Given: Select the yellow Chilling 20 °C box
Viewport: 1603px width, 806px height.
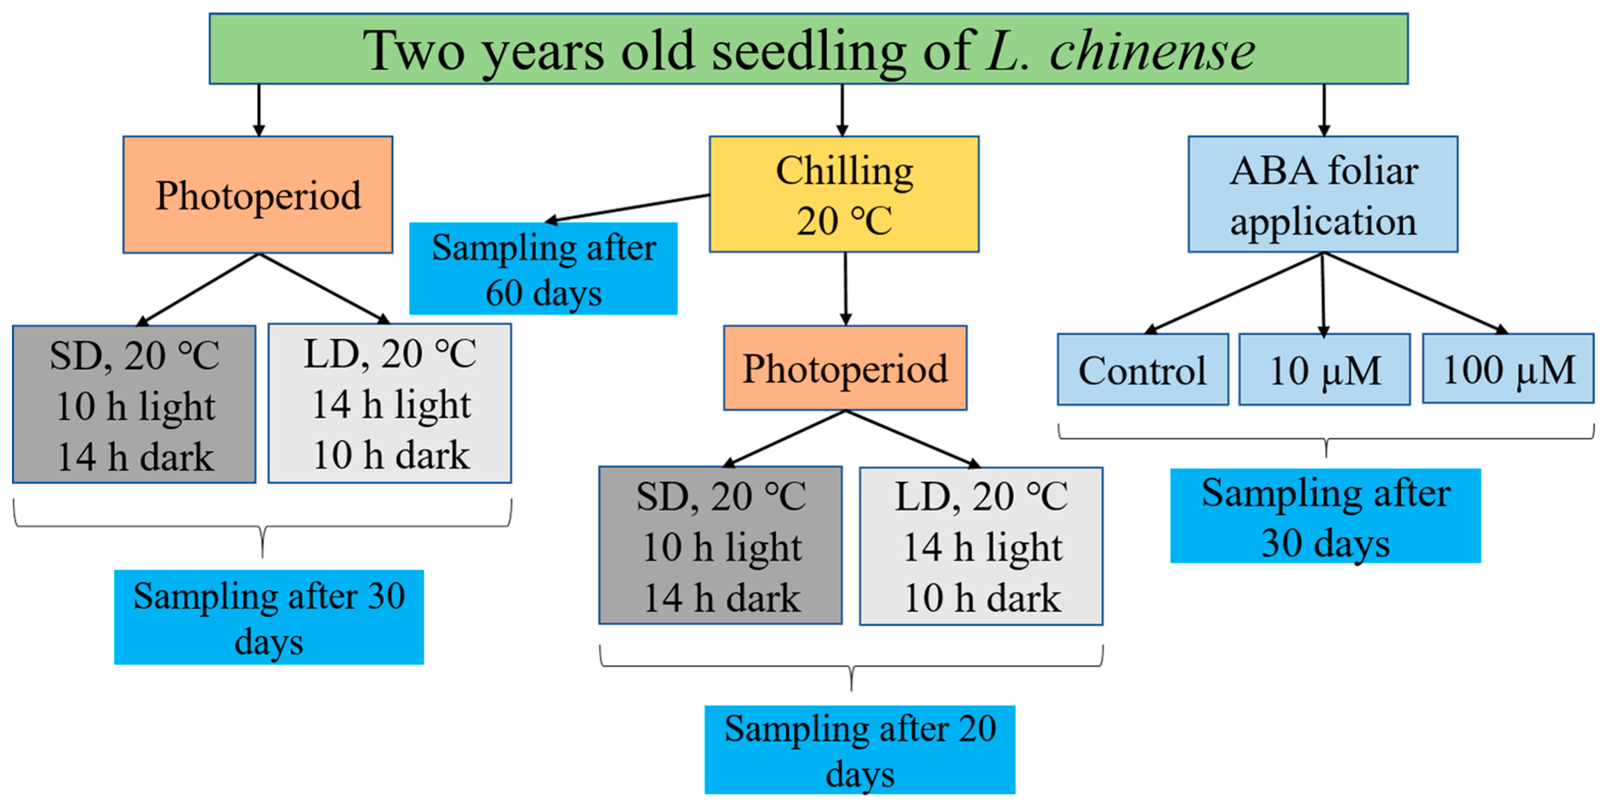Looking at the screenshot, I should pyautogui.click(x=844, y=194).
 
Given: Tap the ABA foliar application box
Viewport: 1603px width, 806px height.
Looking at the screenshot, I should pyautogui.click(x=1322, y=194).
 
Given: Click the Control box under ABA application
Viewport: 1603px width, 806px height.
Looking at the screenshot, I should pyautogui.click(x=1143, y=369).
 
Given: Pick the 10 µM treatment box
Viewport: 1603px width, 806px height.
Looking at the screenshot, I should pyautogui.click(x=1324, y=369).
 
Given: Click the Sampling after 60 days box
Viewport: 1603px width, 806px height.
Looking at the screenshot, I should pyautogui.click(x=543, y=269).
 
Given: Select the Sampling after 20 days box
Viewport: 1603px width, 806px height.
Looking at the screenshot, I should pyautogui.click(x=859, y=750).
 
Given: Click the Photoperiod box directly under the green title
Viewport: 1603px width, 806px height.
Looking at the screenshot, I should pyautogui.click(x=258, y=194).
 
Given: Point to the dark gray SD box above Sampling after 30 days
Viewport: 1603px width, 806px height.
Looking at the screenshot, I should pyautogui.click(x=134, y=404).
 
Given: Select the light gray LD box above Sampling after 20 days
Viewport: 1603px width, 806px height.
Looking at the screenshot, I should pyautogui.click(x=981, y=546).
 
